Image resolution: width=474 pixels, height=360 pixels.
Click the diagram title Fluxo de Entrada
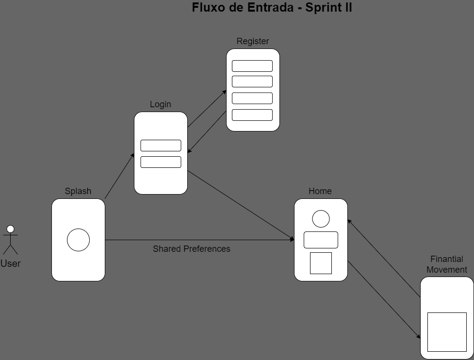coord(272,8)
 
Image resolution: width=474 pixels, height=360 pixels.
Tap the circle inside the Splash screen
coord(78,240)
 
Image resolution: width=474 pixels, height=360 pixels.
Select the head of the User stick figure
coord(10,229)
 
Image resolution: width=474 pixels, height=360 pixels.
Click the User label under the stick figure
coord(10,264)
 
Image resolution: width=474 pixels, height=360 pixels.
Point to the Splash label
coord(78,191)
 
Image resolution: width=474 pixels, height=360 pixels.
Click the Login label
coord(161,104)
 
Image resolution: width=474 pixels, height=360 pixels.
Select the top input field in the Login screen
coord(161,146)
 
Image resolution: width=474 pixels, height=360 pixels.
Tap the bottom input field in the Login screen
coord(161,162)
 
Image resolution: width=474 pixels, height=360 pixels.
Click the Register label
coord(253,41)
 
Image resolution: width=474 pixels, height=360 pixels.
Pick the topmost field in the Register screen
coord(252,66)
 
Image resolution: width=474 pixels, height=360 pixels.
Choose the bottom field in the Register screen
coord(252,115)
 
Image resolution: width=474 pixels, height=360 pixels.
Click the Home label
coord(320,191)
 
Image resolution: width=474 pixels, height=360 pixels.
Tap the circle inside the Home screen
coord(321,219)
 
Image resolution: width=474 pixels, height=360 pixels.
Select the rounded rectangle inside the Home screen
coord(321,240)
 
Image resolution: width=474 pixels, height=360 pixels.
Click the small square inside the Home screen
coord(321,263)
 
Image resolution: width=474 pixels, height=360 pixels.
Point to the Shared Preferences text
coord(192,249)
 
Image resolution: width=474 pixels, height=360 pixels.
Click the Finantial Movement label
coord(447,264)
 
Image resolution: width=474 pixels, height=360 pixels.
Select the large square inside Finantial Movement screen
coord(447,332)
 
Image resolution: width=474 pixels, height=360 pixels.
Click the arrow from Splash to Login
coord(119,176)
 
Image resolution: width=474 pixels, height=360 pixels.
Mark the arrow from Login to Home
coord(241,205)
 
